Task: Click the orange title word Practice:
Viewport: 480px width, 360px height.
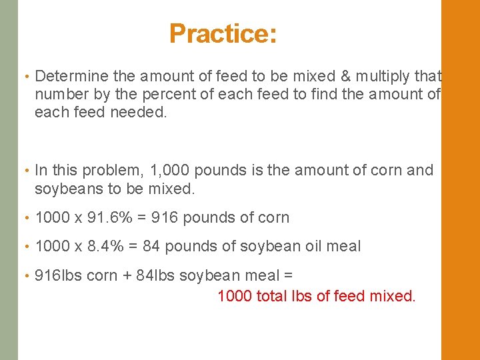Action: (223, 33)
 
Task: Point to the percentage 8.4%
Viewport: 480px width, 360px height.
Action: (104, 247)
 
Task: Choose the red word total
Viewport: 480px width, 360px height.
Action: (271, 295)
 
